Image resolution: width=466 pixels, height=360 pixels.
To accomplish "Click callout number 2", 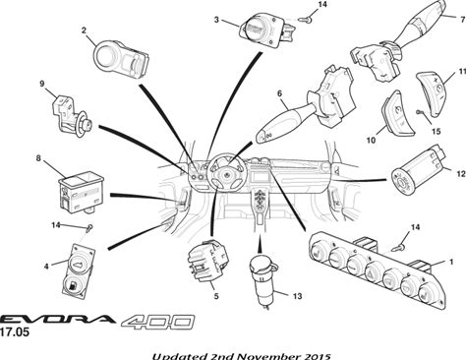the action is (84, 30).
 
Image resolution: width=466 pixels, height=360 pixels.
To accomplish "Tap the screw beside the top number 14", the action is (306, 20).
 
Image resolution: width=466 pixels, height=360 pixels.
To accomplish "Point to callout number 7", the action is (462, 19).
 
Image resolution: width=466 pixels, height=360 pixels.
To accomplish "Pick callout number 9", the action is (42, 84).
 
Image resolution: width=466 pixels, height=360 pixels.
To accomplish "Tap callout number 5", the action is (216, 296).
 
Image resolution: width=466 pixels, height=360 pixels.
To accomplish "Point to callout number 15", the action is (437, 132).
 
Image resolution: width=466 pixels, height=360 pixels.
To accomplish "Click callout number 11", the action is (462, 72).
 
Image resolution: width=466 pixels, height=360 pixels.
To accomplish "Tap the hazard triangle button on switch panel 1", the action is (374, 270).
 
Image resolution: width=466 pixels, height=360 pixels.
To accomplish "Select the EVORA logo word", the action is (57, 319).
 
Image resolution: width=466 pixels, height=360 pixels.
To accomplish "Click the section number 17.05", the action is (15, 332).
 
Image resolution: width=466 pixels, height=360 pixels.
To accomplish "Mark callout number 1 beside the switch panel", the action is (451, 262).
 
